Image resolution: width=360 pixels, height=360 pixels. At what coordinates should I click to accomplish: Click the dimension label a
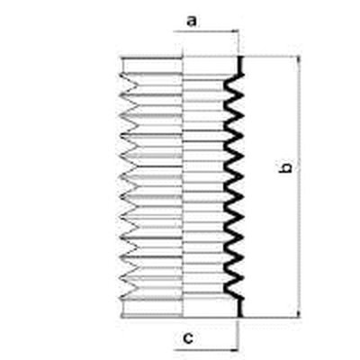click(192, 22)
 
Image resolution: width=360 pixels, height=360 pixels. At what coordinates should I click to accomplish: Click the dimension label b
click(285, 168)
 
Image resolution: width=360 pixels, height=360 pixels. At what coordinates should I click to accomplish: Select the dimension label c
click(188, 338)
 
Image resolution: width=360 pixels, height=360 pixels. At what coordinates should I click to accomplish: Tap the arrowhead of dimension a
click(236, 31)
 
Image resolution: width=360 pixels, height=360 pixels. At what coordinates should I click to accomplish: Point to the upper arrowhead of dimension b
click(299, 60)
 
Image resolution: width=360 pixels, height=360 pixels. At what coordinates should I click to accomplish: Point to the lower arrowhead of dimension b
click(299, 313)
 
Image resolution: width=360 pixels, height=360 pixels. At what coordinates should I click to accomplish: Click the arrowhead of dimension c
click(236, 350)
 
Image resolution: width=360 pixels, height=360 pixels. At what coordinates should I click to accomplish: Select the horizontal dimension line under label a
click(206, 31)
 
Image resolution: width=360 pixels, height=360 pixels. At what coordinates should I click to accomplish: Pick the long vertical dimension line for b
click(299, 187)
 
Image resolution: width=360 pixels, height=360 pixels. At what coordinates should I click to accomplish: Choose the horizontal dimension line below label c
click(206, 350)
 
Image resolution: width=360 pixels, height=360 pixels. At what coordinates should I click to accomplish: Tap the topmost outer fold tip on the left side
click(121, 74)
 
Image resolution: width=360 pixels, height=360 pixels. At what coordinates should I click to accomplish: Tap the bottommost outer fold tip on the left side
click(121, 299)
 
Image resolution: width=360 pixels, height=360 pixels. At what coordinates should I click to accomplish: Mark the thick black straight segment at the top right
click(240, 65)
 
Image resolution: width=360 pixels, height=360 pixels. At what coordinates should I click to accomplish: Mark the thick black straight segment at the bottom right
click(240, 308)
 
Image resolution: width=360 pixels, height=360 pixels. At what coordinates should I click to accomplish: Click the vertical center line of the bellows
click(183, 187)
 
